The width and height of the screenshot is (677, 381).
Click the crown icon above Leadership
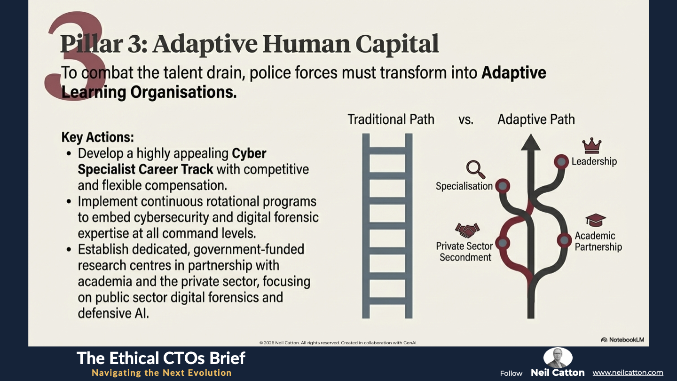click(x=591, y=146)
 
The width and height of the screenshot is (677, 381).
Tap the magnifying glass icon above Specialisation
click(x=476, y=170)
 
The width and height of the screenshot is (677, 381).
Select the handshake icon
click(x=467, y=230)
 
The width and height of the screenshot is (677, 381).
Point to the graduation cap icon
click(x=595, y=220)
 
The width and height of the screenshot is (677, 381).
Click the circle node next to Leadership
click(x=561, y=161)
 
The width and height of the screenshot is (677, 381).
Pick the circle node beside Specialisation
click(x=503, y=186)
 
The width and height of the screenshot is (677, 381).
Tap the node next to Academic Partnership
click(x=564, y=241)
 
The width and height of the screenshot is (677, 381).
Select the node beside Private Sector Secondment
click(x=503, y=243)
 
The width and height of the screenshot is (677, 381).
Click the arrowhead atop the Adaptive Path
click(x=531, y=142)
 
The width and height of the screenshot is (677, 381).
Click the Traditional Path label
click(x=391, y=119)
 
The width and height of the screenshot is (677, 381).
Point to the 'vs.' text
click(x=466, y=120)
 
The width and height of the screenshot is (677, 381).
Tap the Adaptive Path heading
click(x=536, y=119)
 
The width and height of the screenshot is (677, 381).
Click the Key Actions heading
click(x=98, y=137)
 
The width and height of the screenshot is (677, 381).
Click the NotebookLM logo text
click(x=627, y=340)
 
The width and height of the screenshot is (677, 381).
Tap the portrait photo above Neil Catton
click(x=558, y=357)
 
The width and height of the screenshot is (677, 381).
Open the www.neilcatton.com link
click(x=628, y=373)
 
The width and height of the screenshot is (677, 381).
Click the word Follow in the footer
click(x=511, y=373)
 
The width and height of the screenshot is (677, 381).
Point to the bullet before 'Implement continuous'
click(x=69, y=201)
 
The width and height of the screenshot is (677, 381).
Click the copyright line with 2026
click(x=338, y=342)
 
